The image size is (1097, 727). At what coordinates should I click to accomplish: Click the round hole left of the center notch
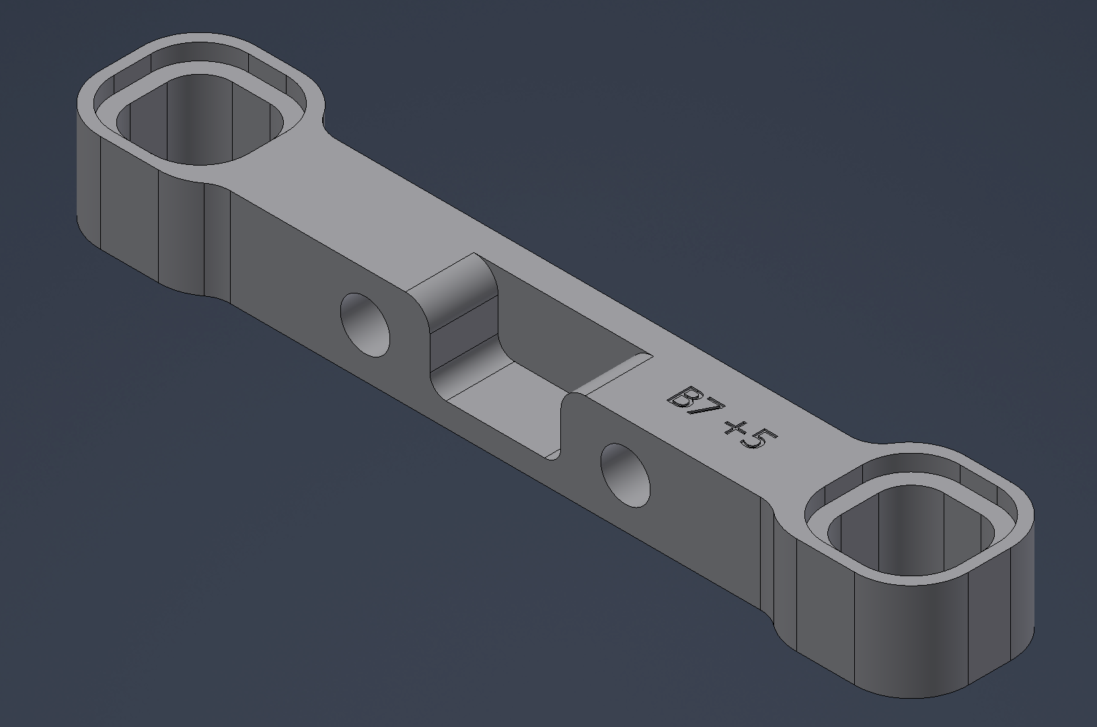point(365,324)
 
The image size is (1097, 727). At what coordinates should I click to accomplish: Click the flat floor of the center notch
point(511,411)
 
